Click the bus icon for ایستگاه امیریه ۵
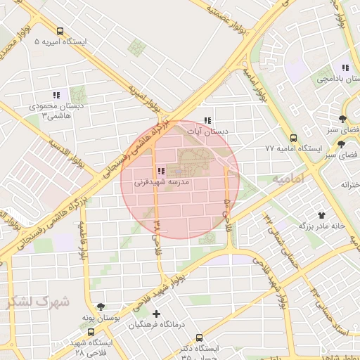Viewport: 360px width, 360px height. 60,31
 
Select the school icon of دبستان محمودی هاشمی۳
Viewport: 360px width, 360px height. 56,95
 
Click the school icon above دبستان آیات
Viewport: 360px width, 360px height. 207,120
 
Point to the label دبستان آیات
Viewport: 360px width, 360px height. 211,131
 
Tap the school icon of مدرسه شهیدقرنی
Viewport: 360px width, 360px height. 161,171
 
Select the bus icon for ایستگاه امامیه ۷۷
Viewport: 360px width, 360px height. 294,138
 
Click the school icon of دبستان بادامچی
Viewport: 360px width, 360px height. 345,67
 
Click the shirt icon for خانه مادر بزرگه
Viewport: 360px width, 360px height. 322,215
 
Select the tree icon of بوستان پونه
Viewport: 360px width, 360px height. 102,307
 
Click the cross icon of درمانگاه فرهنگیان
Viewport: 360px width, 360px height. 156,313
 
